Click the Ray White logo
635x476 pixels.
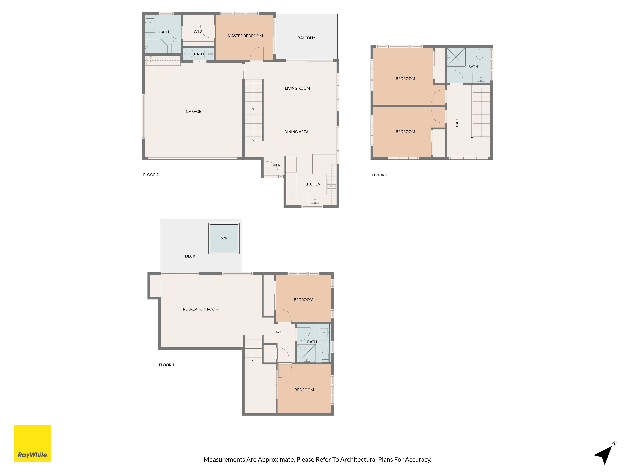[x=32, y=443]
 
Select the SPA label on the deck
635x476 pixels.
[x=224, y=238]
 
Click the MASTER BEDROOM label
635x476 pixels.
[x=245, y=36]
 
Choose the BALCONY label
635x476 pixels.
[x=306, y=38]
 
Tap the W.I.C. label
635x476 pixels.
[x=198, y=32]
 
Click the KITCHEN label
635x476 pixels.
[x=312, y=184]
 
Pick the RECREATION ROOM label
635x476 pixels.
[x=201, y=309]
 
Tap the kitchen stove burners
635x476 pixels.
[x=331, y=183]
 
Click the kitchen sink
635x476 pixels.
[x=315, y=200]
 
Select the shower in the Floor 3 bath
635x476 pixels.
[x=456, y=57]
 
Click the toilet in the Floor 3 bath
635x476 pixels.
[x=479, y=53]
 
